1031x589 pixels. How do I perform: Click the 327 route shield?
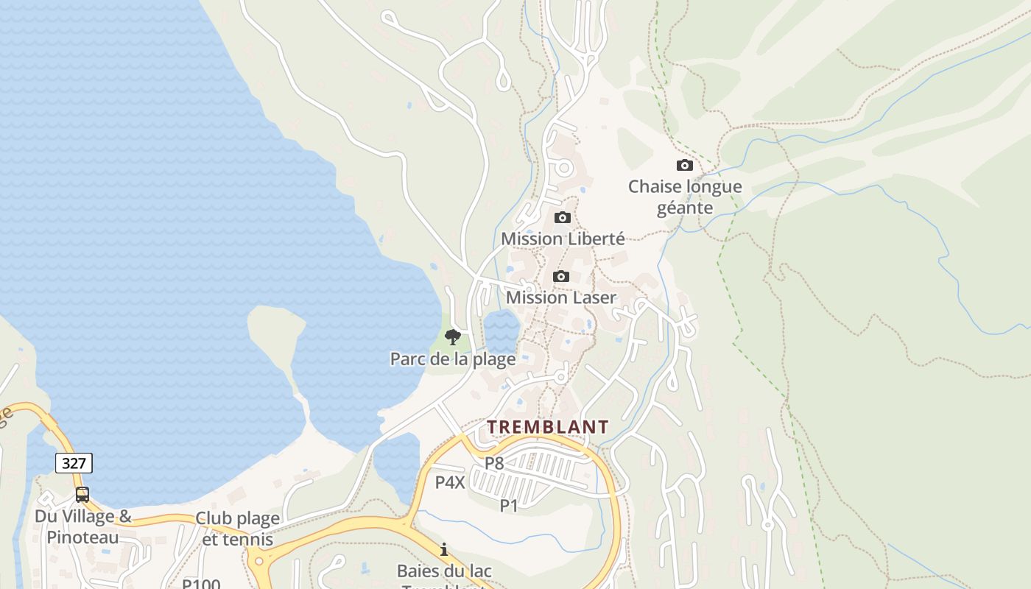click(74, 463)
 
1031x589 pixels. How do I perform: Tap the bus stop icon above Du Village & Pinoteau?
click(82, 495)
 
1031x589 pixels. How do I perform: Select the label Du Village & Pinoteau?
click(82, 526)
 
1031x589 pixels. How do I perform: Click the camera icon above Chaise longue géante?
click(685, 165)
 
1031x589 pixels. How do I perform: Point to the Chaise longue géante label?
click(685, 197)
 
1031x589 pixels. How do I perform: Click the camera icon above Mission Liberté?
click(563, 217)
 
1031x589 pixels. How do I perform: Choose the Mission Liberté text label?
click(563, 239)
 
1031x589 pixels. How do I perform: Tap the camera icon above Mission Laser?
click(561, 276)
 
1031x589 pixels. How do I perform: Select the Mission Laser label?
click(561, 297)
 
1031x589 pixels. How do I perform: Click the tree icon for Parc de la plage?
click(453, 337)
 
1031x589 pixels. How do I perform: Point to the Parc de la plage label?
click(453, 359)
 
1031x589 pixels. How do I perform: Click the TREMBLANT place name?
click(548, 427)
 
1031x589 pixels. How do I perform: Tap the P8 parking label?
click(494, 463)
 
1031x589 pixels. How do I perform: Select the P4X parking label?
click(450, 482)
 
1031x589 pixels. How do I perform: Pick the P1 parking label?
click(509, 506)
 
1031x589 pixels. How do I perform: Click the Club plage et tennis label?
click(237, 529)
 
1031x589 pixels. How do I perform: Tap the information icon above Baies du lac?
click(444, 549)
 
